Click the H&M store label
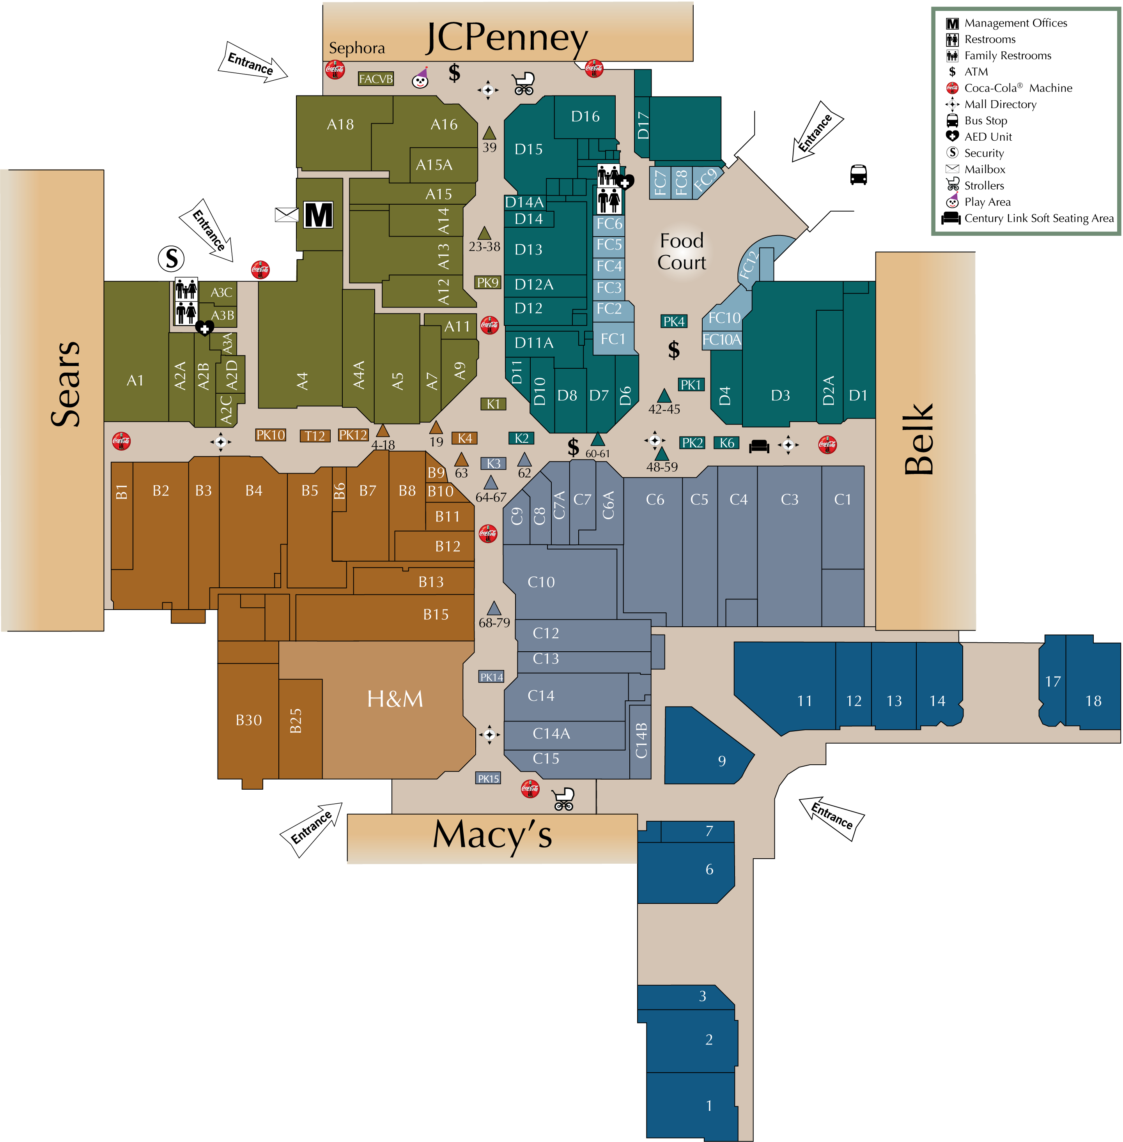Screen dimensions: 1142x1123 point(395,698)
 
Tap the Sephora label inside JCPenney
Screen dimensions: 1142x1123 point(357,48)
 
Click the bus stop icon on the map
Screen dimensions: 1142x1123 point(858,175)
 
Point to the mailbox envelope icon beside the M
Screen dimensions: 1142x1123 point(287,215)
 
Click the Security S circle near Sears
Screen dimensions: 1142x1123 point(171,258)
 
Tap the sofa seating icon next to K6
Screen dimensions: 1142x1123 point(759,446)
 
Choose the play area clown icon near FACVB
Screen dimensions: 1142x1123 point(420,78)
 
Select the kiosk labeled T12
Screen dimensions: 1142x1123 point(315,436)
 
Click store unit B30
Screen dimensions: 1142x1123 point(248,720)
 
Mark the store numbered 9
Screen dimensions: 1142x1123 point(721,760)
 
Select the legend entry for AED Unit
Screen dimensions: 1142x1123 point(988,137)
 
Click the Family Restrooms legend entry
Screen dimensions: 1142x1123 point(1008,55)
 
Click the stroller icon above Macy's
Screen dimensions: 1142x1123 point(563,799)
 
